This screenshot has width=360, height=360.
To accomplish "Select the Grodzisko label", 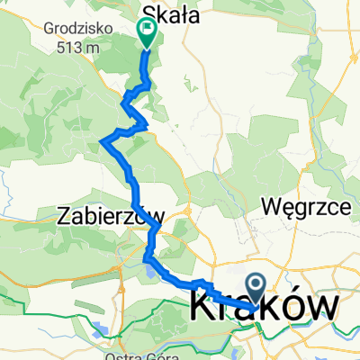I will pos(76,27).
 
